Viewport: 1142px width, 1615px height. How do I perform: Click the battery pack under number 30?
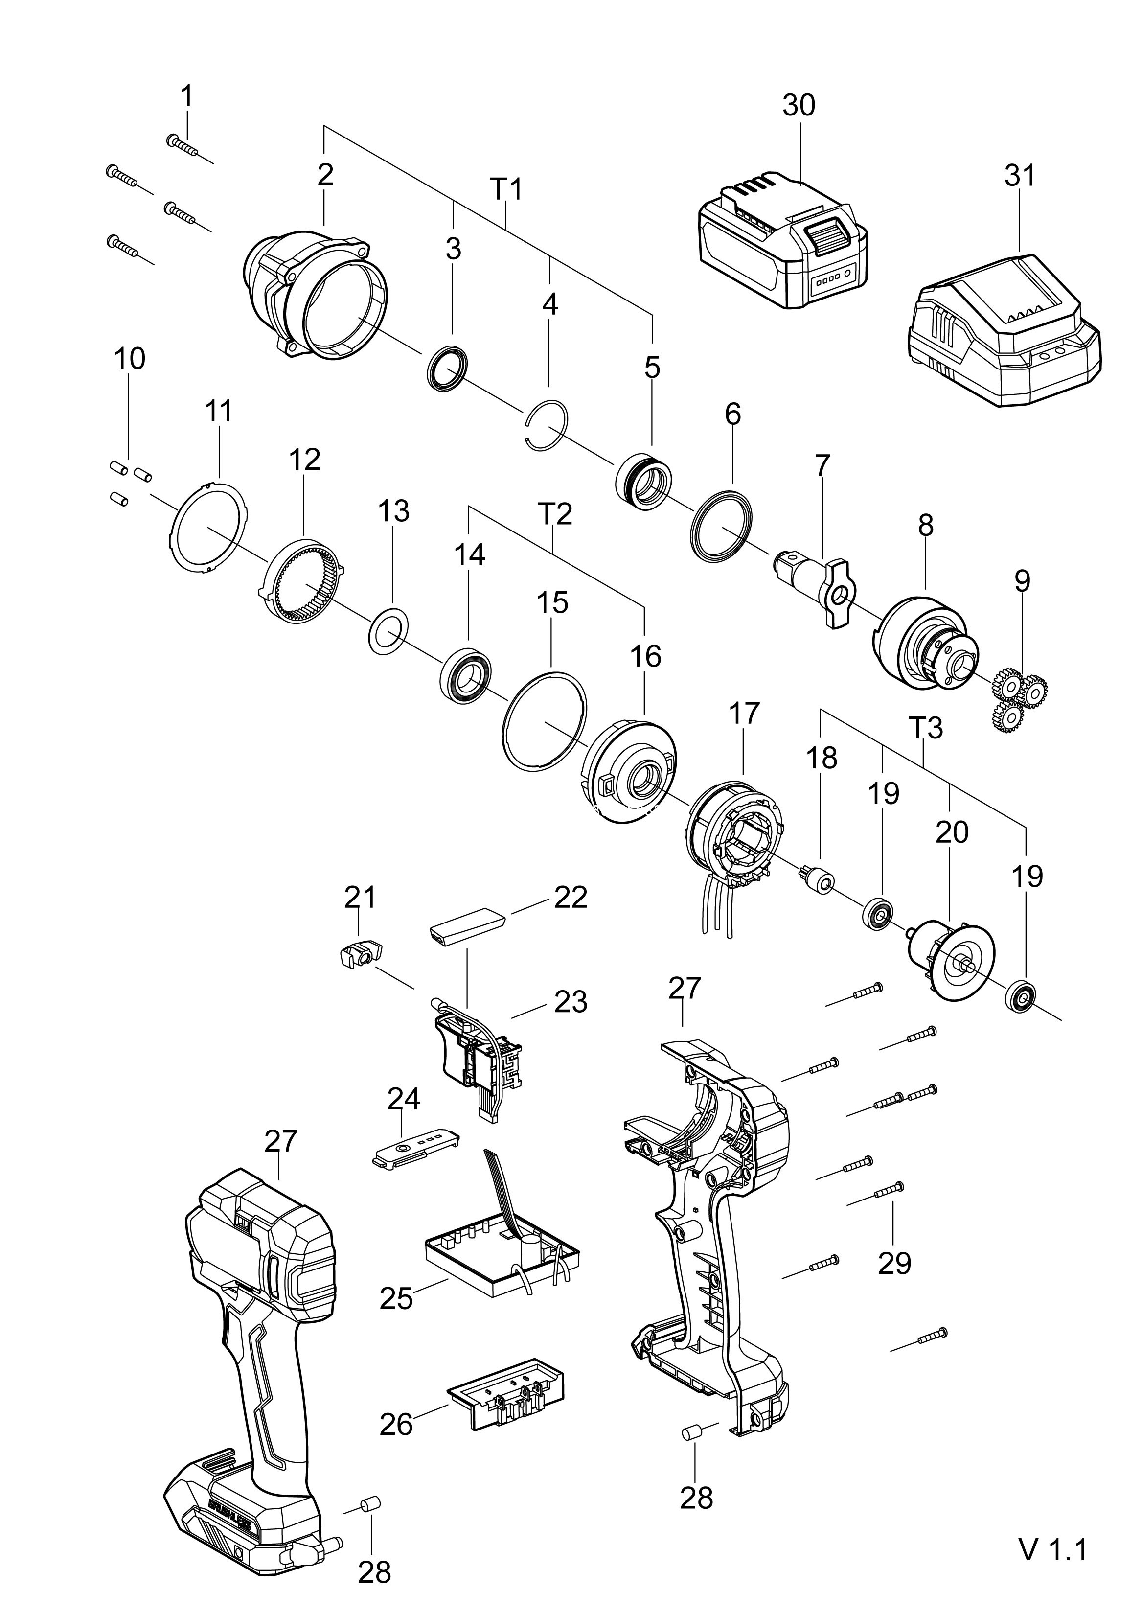[782, 246]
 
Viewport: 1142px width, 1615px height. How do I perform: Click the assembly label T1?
[506, 189]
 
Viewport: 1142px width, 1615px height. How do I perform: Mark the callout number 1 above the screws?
[186, 96]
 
